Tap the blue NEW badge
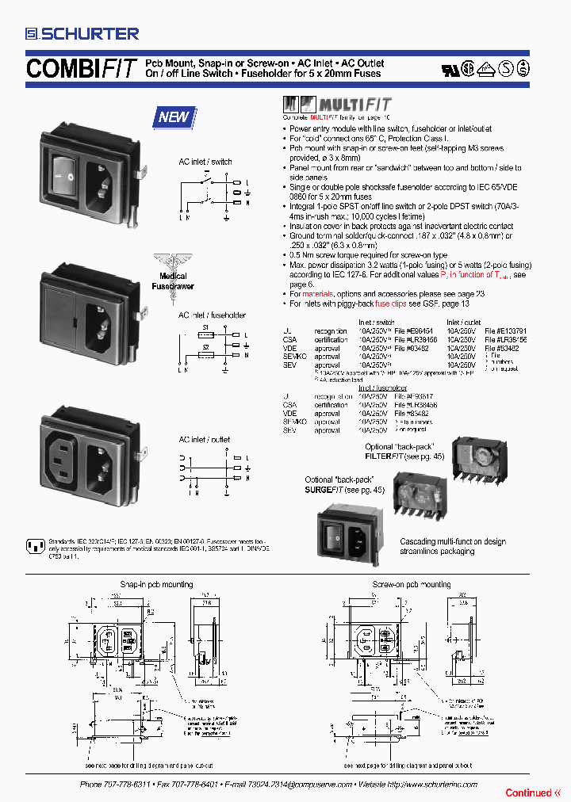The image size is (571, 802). click(174, 117)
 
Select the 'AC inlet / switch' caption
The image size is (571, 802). click(205, 162)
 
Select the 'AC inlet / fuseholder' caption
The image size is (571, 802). click(212, 315)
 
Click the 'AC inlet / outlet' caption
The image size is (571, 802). click(204, 439)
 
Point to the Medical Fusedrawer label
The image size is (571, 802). click(172, 281)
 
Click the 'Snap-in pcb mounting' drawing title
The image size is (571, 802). click(155, 584)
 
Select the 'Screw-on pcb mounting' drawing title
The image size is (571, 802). click(411, 584)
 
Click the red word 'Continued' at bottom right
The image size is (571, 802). click(528, 792)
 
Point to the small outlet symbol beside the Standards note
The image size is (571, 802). click(34, 545)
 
